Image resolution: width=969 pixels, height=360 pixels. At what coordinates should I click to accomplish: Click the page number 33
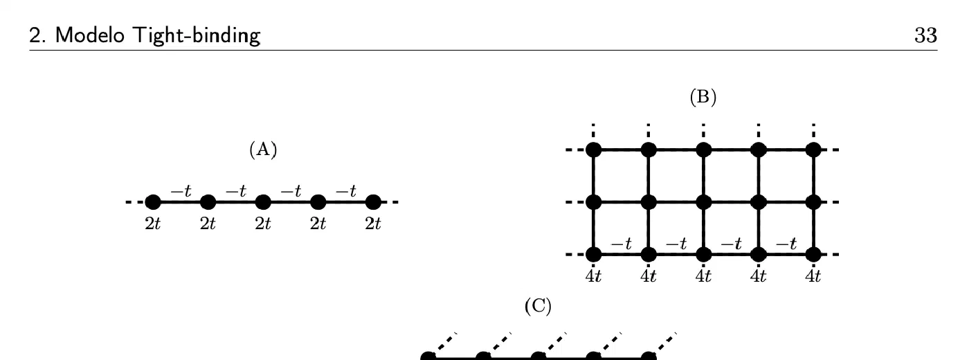pos(926,35)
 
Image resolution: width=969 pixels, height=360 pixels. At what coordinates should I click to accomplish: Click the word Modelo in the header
pos(90,35)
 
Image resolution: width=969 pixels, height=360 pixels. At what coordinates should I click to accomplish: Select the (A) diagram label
pos(263,150)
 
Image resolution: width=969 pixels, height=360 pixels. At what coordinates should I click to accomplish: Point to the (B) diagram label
pos(703,97)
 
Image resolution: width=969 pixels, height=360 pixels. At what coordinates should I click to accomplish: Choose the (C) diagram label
pos(538,306)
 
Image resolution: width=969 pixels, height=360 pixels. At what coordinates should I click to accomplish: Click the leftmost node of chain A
pos(153,202)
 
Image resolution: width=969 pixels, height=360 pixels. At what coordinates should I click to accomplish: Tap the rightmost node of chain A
pos(373,202)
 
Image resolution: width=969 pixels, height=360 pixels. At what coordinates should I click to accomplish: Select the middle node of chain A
pos(263,202)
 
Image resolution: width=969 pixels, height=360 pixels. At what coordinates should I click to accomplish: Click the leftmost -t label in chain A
pos(181,191)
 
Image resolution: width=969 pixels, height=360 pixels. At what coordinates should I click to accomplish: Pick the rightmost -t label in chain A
pos(346,191)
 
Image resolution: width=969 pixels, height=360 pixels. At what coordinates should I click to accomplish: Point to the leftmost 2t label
pos(153,224)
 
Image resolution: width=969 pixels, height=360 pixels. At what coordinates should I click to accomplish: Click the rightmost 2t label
pos(373,224)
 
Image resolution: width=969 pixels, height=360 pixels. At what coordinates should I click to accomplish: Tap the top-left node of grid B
pos(594,150)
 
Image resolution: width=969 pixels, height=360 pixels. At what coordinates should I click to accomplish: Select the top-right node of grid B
pos(814,150)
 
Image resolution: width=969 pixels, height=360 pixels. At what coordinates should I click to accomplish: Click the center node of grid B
pos(704,202)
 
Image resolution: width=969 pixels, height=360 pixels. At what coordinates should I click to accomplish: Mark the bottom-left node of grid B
pos(594,255)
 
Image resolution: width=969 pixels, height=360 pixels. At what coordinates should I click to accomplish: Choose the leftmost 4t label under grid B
pos(594,276)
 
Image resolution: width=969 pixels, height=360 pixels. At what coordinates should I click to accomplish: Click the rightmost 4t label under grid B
pos(813,276)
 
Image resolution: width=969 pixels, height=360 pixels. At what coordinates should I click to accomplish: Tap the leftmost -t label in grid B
pos(622,244)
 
